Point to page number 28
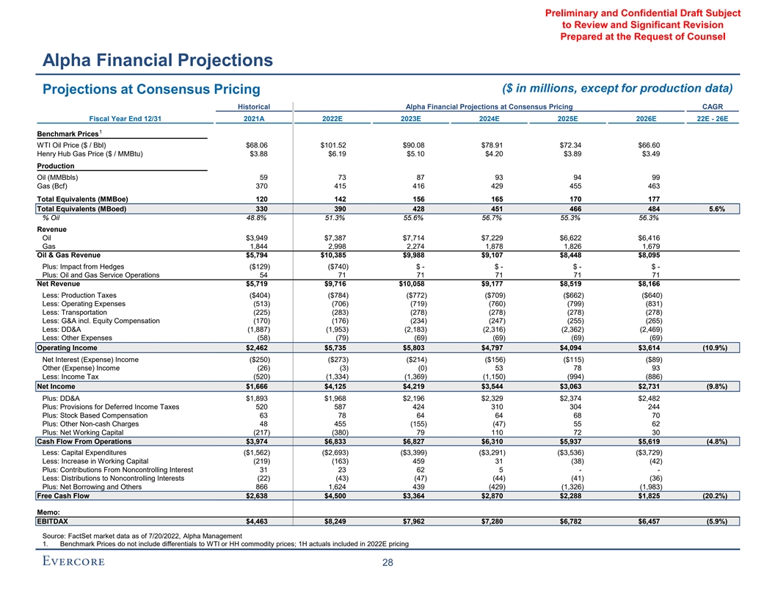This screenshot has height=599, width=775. pyautogui.click(x=387, y=562)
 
